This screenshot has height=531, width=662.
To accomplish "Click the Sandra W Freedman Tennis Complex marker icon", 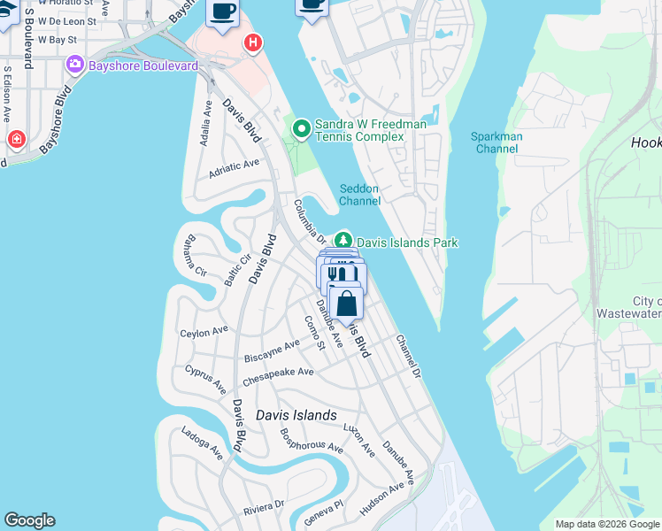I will coord(302,130).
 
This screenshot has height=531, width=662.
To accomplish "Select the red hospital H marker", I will coord(253,42).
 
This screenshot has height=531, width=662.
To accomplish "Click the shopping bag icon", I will coord(348,303).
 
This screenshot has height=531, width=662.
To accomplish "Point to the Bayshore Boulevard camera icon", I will coord(74,65).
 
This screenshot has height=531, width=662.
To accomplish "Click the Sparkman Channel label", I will coord(496,142).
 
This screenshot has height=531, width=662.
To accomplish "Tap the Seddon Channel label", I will coord(359,195).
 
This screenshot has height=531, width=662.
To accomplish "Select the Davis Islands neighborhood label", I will coord(296,415).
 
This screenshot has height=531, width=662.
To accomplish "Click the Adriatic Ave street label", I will coord(234,167).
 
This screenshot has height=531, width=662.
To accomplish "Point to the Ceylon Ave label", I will coord(204,332).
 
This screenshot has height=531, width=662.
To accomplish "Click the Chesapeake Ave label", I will coord(278,377).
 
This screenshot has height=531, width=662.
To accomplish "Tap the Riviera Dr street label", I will coord(264,506).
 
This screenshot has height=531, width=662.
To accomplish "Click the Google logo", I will coord(29,520).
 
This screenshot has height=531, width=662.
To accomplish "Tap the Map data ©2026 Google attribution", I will coord(607,524).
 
